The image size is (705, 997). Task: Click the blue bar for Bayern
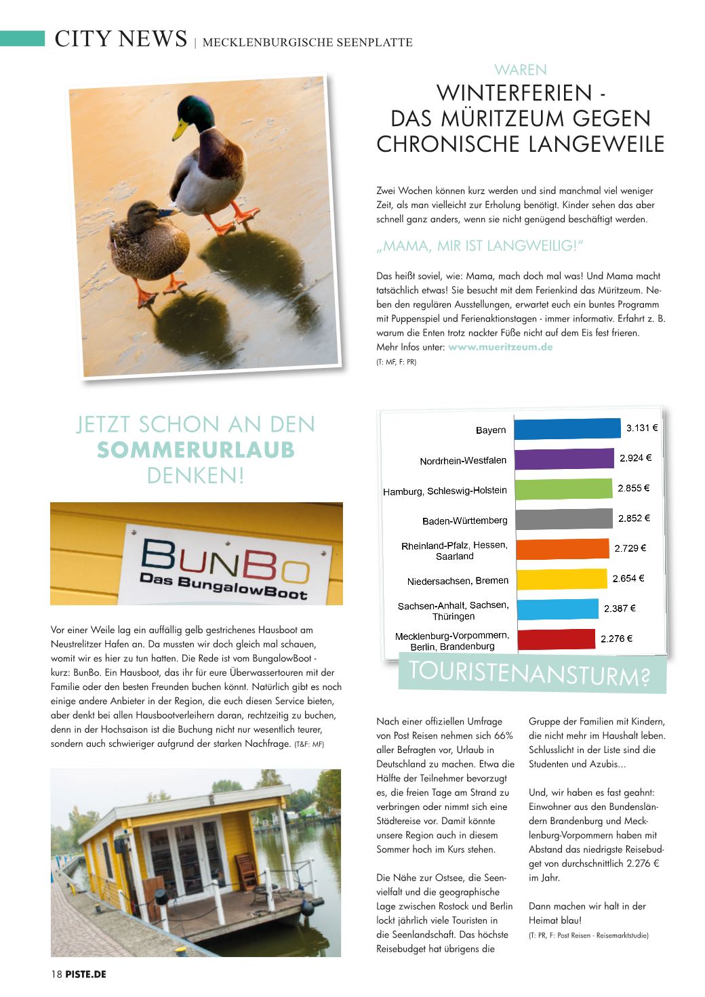[567, 429]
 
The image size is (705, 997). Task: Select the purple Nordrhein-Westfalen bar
[564, 459]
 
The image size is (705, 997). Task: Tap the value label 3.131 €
[641, 428]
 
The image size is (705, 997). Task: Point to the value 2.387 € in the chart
[620, 609]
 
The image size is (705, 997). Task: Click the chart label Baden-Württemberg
[464, 521]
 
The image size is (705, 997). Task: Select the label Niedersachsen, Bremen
[458, 581]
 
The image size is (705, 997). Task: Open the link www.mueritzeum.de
[500, 347]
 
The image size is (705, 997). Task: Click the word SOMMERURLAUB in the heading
[196, 450]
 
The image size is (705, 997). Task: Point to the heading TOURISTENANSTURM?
[530, 673]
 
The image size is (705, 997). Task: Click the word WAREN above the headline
[520, 70]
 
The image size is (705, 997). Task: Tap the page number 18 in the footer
[56, 975]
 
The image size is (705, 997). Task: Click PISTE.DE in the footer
[86, 975]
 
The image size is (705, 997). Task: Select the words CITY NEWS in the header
[121, 39]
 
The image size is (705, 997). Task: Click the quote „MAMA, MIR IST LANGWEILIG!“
[480, 246]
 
